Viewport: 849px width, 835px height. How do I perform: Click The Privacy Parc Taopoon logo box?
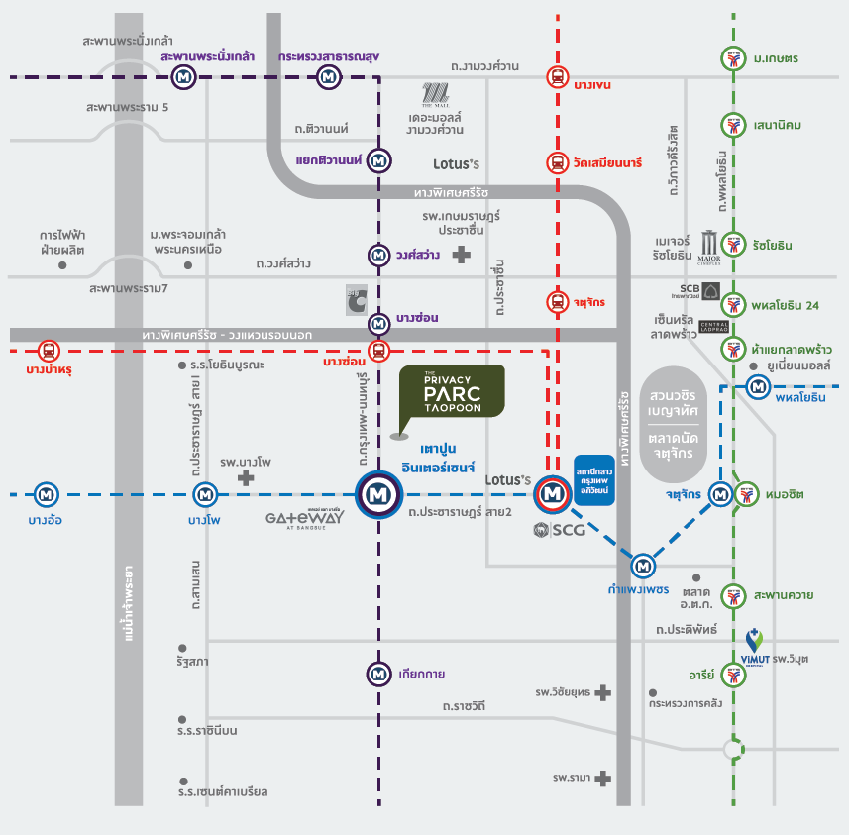pos(451,390)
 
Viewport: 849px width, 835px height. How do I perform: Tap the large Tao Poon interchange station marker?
pos(377,492)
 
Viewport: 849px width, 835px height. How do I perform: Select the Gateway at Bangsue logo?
pos(306,519)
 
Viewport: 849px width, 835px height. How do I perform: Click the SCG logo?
pos(559,530)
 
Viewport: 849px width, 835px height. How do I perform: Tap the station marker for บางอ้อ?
pos(45,492)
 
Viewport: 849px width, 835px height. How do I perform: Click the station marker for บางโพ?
pos(205,492)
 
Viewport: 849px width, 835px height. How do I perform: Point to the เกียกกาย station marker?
pos(378,674)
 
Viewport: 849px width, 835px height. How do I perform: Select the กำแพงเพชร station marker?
pos(645,566)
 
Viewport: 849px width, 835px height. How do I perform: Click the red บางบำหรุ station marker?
pos(48,350)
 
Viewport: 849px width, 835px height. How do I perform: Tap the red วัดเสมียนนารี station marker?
pos(557,162)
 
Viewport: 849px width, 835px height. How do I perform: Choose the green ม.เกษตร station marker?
pos(733,58)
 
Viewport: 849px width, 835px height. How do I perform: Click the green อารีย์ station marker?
pos(733,675)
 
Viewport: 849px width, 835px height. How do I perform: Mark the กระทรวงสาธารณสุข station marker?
pos(324,76)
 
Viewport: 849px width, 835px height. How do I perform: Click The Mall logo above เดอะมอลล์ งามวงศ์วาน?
pos(435,94)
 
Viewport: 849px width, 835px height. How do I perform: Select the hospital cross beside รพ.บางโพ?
pos(246,476)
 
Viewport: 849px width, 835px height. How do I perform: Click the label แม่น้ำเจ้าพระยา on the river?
pos(128,604)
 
